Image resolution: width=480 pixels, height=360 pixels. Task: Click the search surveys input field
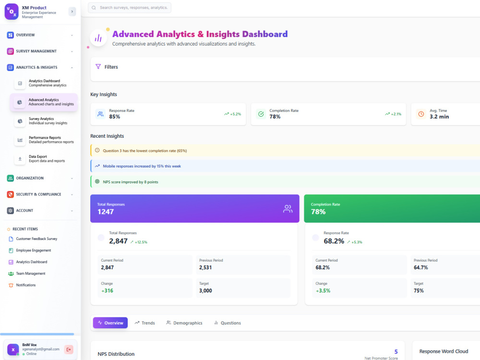130,8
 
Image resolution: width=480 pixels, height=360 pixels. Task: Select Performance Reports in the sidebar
44,140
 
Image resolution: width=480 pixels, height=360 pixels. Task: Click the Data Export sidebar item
44,158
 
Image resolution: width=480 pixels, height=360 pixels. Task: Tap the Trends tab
145,323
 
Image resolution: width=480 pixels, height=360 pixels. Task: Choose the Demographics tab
184,323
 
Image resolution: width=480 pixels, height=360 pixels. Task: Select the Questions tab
228,323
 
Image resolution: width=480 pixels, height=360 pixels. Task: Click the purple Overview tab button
110,323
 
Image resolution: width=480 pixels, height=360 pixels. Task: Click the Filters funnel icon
98,66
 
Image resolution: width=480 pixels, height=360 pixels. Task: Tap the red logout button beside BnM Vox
69,349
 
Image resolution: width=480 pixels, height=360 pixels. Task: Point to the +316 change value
107,291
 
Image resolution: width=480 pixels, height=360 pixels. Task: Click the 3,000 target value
205,291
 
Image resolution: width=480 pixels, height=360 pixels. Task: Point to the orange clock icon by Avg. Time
421,114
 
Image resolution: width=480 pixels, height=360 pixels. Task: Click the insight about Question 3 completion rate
145,151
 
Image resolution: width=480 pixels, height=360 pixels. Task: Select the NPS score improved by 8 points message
131,182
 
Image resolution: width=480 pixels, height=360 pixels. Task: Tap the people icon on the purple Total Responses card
288,209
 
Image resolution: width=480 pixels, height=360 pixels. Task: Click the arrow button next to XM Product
72,12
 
